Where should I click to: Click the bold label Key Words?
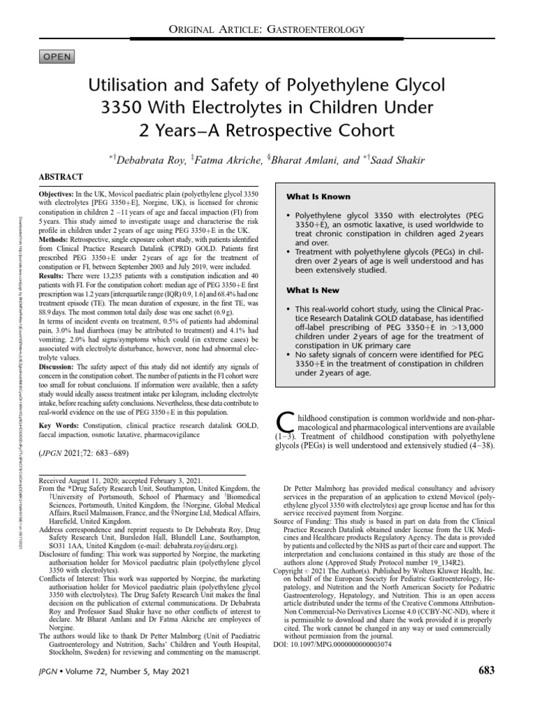click(x=59, y=425)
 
